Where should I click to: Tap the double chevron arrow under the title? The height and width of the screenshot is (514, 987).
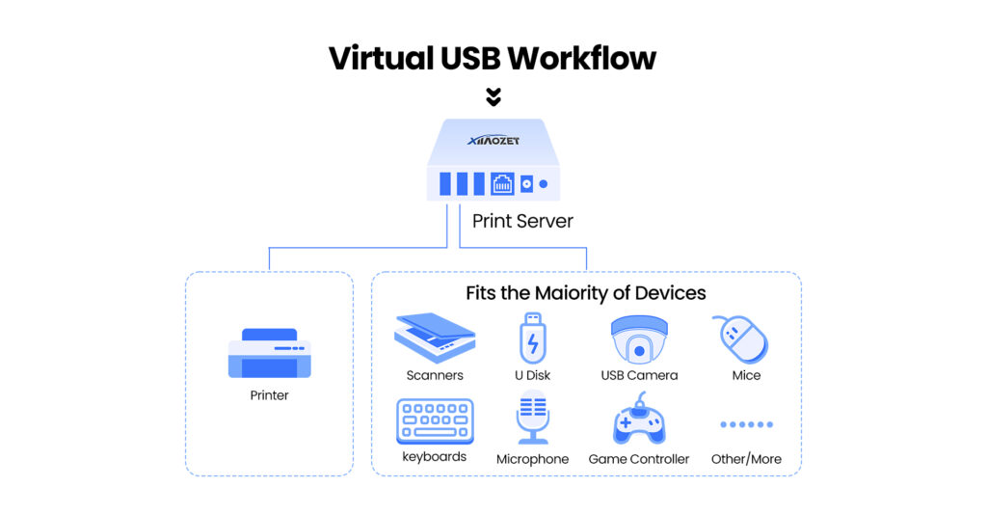[493, 96]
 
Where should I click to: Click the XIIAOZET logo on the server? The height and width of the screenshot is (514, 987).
[493, 141]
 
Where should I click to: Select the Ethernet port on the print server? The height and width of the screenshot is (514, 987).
[502, 183]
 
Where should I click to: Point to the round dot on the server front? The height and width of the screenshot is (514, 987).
[543, 183]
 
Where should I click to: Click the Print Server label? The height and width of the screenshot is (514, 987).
[522, 221]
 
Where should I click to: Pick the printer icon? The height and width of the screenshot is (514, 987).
[269, 354]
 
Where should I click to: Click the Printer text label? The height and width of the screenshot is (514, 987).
[269, 395]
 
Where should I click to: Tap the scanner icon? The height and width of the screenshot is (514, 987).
[435, 336]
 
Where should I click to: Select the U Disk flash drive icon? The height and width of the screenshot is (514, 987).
[532, 337]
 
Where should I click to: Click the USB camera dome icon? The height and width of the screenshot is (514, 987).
[639, 338]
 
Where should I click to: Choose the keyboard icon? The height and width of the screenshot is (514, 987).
[435, 421]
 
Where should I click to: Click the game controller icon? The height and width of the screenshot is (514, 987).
[638, 420]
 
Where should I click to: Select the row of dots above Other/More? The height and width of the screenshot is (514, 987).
[746, 424]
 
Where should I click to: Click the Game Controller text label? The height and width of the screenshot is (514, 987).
[639, 459]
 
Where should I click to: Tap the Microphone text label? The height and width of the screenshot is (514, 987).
[532, 459]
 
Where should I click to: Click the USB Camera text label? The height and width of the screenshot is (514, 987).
[639, 375]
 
